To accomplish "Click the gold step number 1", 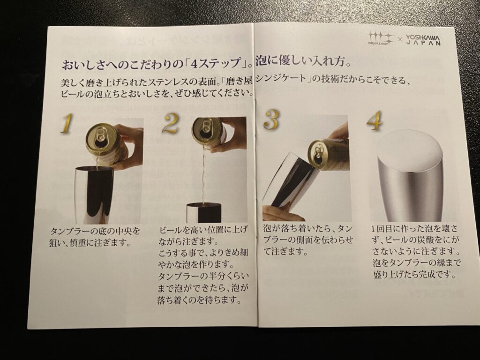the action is [x=67, y=123].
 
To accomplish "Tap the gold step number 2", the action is [x=171, y=123].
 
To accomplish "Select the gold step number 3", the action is [x=271, y=120].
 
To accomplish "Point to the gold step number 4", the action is [x=375, y=120].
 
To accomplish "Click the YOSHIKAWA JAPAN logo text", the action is [x=423, y=40].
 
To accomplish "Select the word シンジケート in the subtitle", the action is [x=281, y=79].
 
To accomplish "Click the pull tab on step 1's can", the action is [x=100, y=134].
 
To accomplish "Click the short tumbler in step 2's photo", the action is [x=204, y=212].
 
